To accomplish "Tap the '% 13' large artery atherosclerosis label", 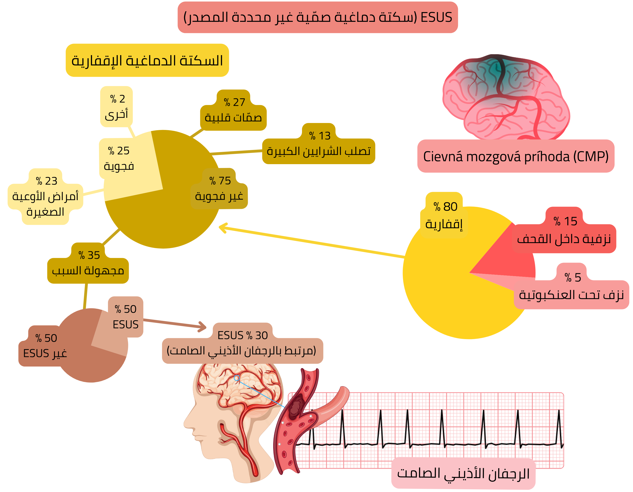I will point(319,144).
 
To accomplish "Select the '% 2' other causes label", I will point(117,107).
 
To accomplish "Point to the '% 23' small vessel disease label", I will point(45,196).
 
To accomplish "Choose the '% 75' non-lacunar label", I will point(219,188).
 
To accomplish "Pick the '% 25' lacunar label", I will point(119,158).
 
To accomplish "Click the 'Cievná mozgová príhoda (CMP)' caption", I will point(516,156).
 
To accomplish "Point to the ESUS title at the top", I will point(318,17).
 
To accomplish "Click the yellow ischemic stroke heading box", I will point(147,60).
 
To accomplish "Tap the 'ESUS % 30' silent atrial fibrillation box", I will point(242,343).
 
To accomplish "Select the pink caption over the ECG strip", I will point(463,474).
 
